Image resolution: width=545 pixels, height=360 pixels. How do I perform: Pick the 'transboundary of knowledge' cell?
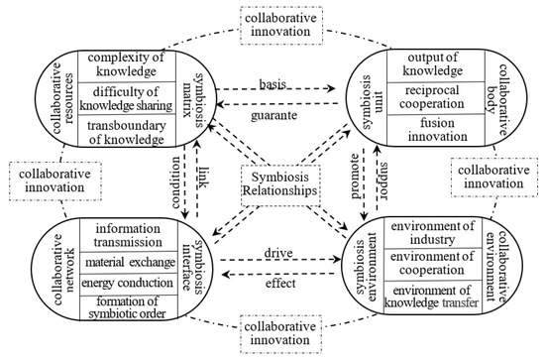tap(125, 132)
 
